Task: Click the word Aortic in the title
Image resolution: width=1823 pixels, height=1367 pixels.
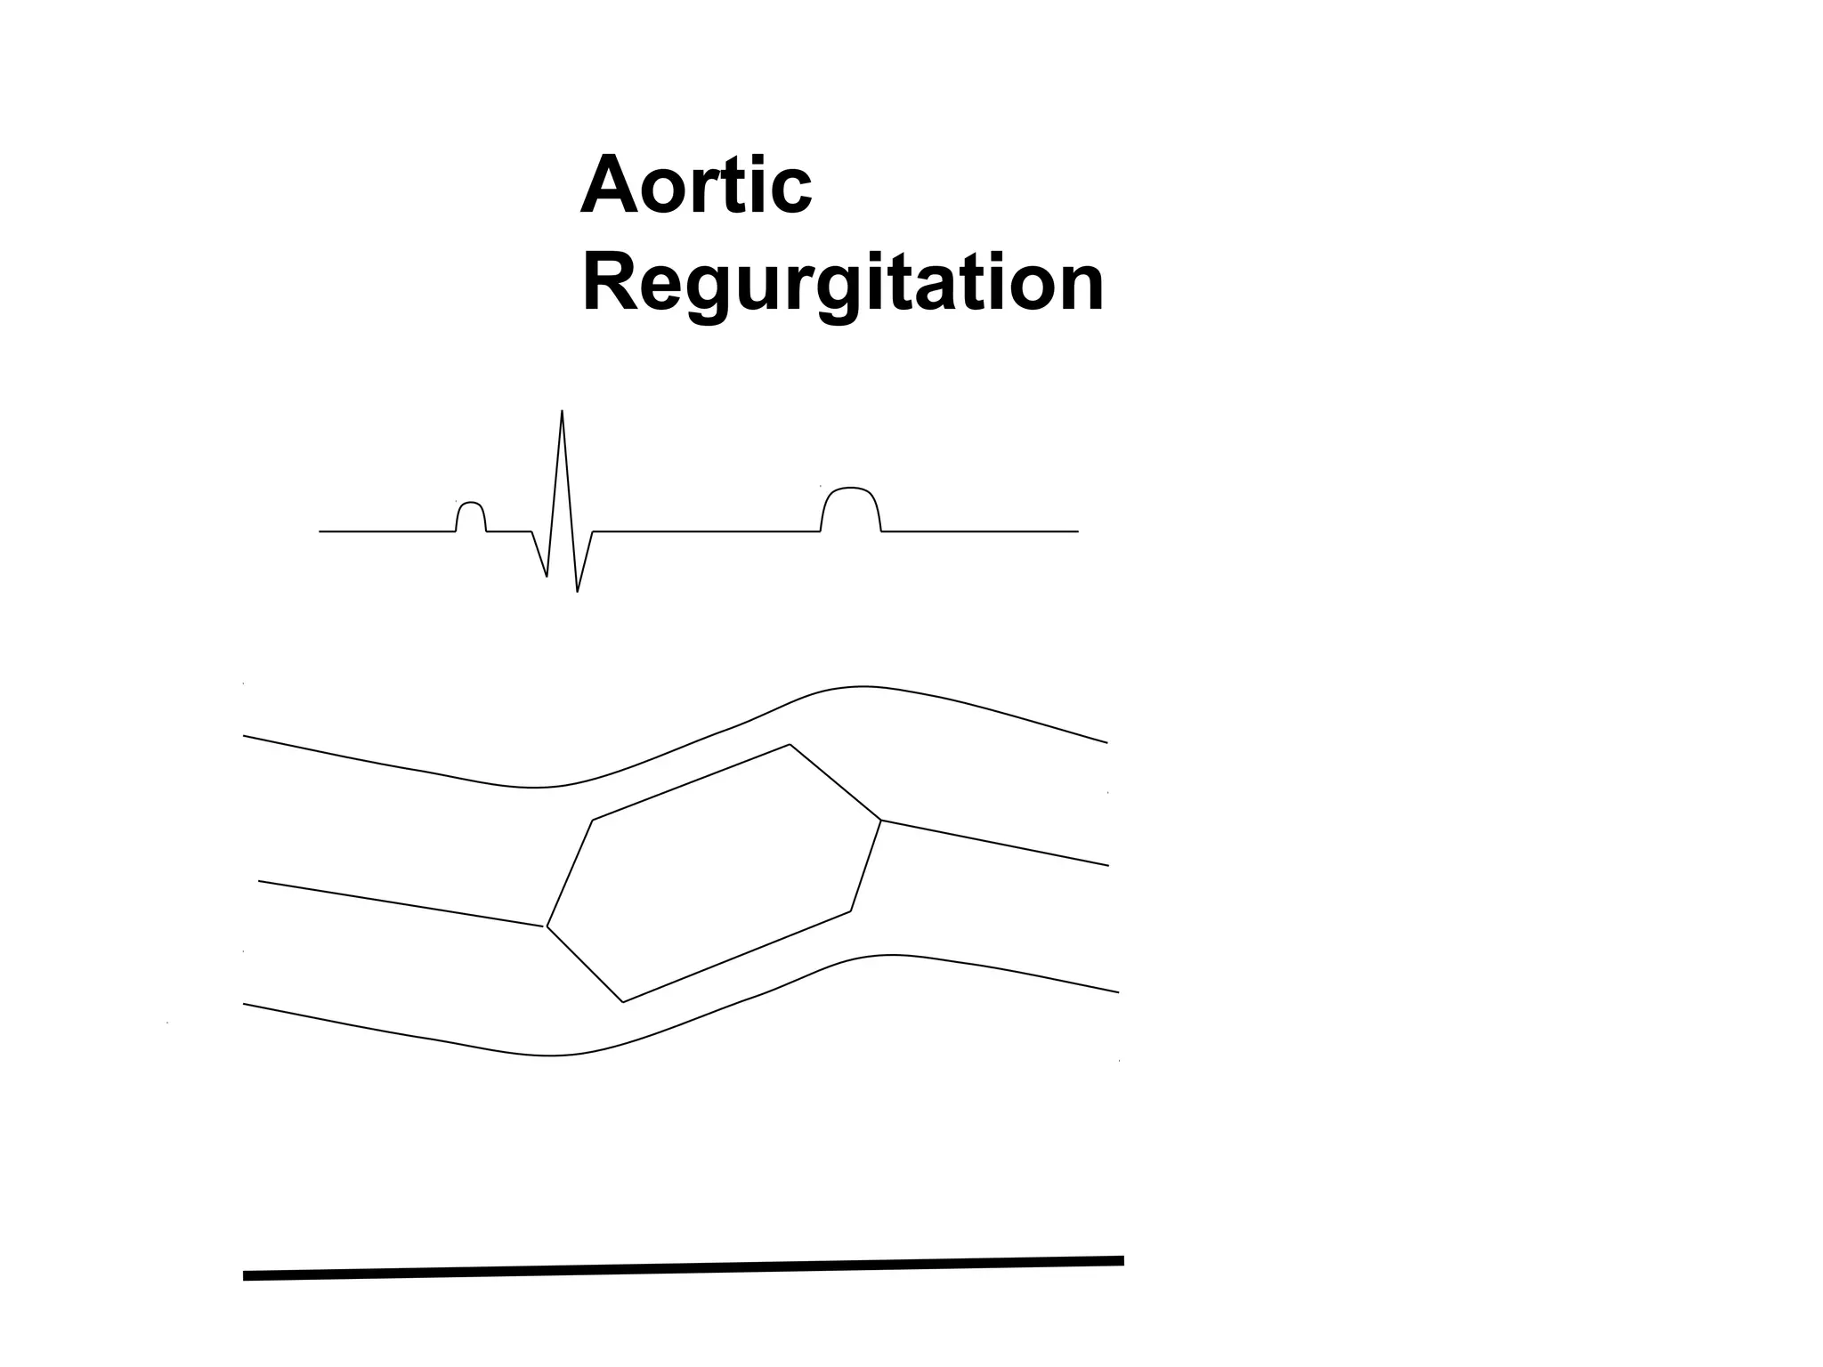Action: tap(695, 186)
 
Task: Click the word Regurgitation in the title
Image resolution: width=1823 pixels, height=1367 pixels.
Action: tap(842, 283)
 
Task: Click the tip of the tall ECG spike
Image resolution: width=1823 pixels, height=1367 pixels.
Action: tap(562, 412)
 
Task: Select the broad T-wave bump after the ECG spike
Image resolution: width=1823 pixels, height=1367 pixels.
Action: tap(851, 492)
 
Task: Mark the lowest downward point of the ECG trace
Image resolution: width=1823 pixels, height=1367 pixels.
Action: tap(578, 590)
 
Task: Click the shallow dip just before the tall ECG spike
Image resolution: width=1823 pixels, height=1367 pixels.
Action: tap(546, 574)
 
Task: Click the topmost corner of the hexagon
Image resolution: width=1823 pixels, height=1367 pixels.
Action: tap(790, 744)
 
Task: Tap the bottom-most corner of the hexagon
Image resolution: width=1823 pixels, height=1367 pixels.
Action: tap(622, 1002)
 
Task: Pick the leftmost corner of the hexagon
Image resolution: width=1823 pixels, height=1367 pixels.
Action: tap(547, 926)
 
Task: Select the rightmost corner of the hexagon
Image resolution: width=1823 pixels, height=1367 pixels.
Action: tap(881, 821)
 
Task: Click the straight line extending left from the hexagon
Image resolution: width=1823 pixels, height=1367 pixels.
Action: tap(401, 903)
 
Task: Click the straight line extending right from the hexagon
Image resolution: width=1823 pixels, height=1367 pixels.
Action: tap(995, 843)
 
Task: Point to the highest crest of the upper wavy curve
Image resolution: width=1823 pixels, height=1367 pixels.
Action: tap(860, 687)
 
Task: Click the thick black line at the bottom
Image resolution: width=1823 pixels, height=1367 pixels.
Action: tap(684, 1268)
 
